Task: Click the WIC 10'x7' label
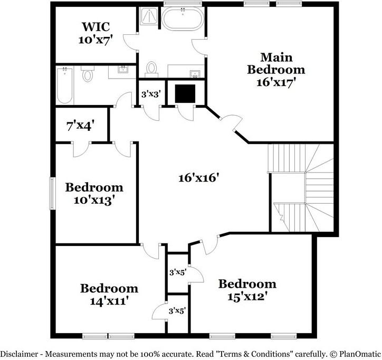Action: (97, 32)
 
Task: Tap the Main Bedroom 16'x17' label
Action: (276, 69)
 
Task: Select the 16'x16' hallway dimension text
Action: (198, 178)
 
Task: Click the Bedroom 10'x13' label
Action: (94, 193)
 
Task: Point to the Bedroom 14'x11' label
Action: (109, 294)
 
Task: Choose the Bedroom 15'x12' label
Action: (247, 290)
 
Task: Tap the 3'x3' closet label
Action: (151, 95)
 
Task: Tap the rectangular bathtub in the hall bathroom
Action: (64, 85)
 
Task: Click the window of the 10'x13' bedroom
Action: (52, 194)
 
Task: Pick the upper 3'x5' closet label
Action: (177, 272)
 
